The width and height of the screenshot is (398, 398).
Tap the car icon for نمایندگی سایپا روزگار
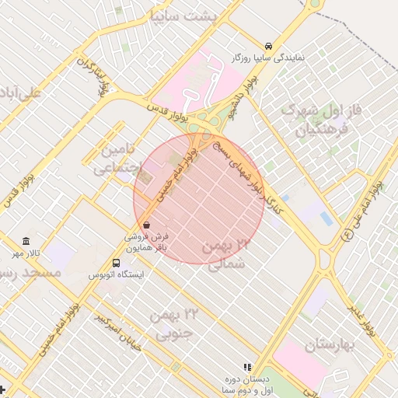click(268, 46)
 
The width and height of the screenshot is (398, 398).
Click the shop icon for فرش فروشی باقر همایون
click(146, 225)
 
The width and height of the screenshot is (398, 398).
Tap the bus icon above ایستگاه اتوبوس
click(116, 264)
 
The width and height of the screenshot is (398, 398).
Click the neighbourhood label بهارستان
click(329, 344)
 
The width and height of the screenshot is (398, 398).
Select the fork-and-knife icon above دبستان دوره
click(247, 367)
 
